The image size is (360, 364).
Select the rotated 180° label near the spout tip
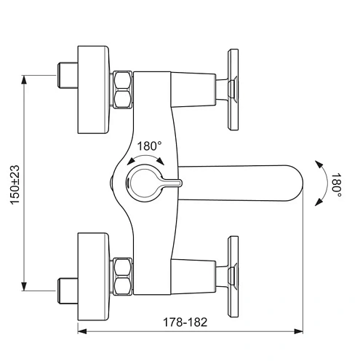(336, 183)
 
